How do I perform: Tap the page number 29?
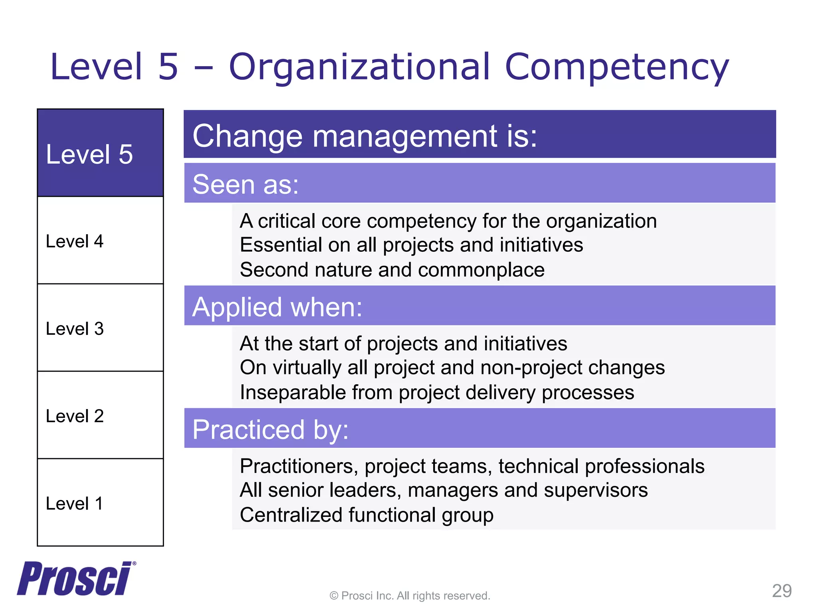(x=781, y=591)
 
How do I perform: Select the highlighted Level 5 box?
(x=100, y=153)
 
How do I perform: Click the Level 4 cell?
(x=100, y=241)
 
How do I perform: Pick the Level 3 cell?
(x=100, y=328)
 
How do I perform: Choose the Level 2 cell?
(x=100, y=416)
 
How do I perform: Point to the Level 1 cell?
(x=100, y=503)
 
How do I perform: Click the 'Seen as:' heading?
(x=246, y=184)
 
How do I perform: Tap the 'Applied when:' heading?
(x=277, y=307)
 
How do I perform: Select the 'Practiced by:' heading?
(x=270, y=430)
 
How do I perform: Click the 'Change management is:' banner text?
(x=365, y=136)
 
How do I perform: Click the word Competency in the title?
(x=617, y=67)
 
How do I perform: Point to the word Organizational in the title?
(x=359, y=67)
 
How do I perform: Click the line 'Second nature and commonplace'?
(x=392, y=270)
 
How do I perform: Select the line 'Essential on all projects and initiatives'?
(x=411, y=245)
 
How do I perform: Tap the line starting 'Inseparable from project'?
(x=437, y=392)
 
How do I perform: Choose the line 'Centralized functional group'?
(x=367, y=515)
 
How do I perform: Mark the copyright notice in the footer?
(x=410, y=596)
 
